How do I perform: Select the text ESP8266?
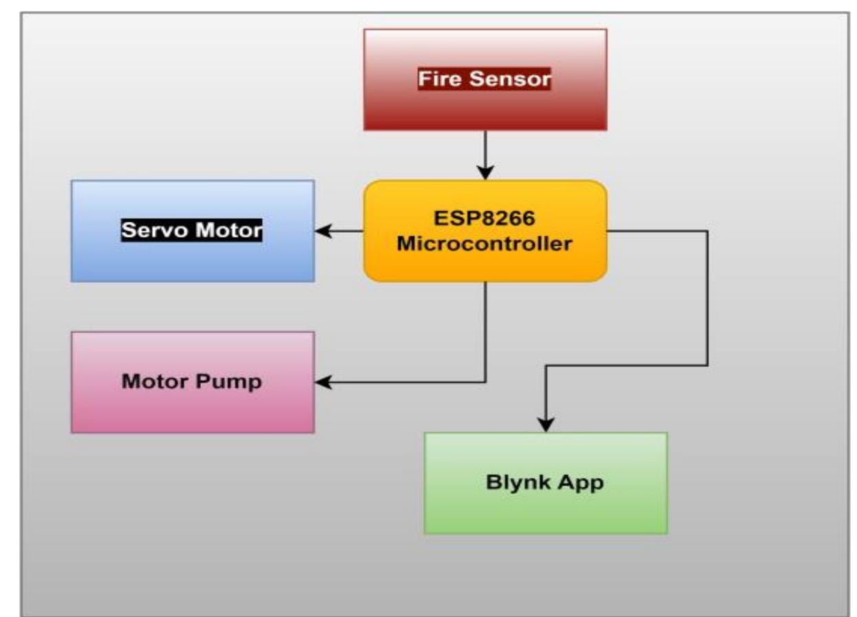[485, 218]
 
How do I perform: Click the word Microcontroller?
[485, 244]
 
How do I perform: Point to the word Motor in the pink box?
[156, 381]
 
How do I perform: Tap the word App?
[582, 483]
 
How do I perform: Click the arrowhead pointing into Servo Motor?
[322, 232]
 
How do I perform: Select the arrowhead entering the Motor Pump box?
[322, 381]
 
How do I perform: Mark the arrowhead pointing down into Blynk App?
[546, 425]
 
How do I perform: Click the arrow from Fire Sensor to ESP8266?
[486, 151]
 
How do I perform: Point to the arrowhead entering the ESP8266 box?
[486, 173]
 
